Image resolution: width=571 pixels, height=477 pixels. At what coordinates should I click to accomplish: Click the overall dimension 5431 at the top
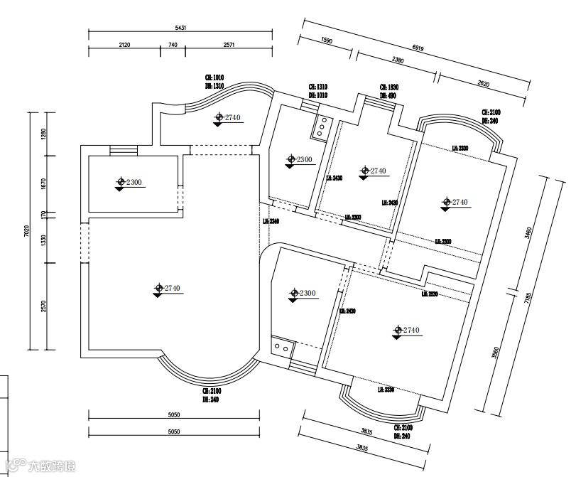tap(180, 28)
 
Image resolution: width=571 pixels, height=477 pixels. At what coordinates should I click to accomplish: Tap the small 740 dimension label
tap(172, 45)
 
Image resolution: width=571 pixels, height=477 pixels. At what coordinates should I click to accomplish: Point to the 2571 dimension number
tap(229, 45)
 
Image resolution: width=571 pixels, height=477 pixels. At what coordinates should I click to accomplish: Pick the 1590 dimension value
tap(327, 41)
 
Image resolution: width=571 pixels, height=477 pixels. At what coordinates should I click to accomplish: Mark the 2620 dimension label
tap(484, 83)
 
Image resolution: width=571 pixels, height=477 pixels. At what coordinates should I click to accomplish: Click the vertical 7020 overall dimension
tap(26, 230)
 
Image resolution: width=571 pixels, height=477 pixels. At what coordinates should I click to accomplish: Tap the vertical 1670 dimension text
tap(43, 184)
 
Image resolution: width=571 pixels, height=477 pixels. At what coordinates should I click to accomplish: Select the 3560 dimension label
tap(495, 352)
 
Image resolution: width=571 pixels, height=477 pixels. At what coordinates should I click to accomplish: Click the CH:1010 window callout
tap(214, 77)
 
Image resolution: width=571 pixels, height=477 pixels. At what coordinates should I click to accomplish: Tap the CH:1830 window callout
tap(388, 87)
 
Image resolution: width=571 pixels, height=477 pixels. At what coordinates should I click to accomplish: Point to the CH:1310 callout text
tap(317, 87)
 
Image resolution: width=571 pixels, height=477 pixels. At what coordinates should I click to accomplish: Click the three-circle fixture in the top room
tap(320, 125)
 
